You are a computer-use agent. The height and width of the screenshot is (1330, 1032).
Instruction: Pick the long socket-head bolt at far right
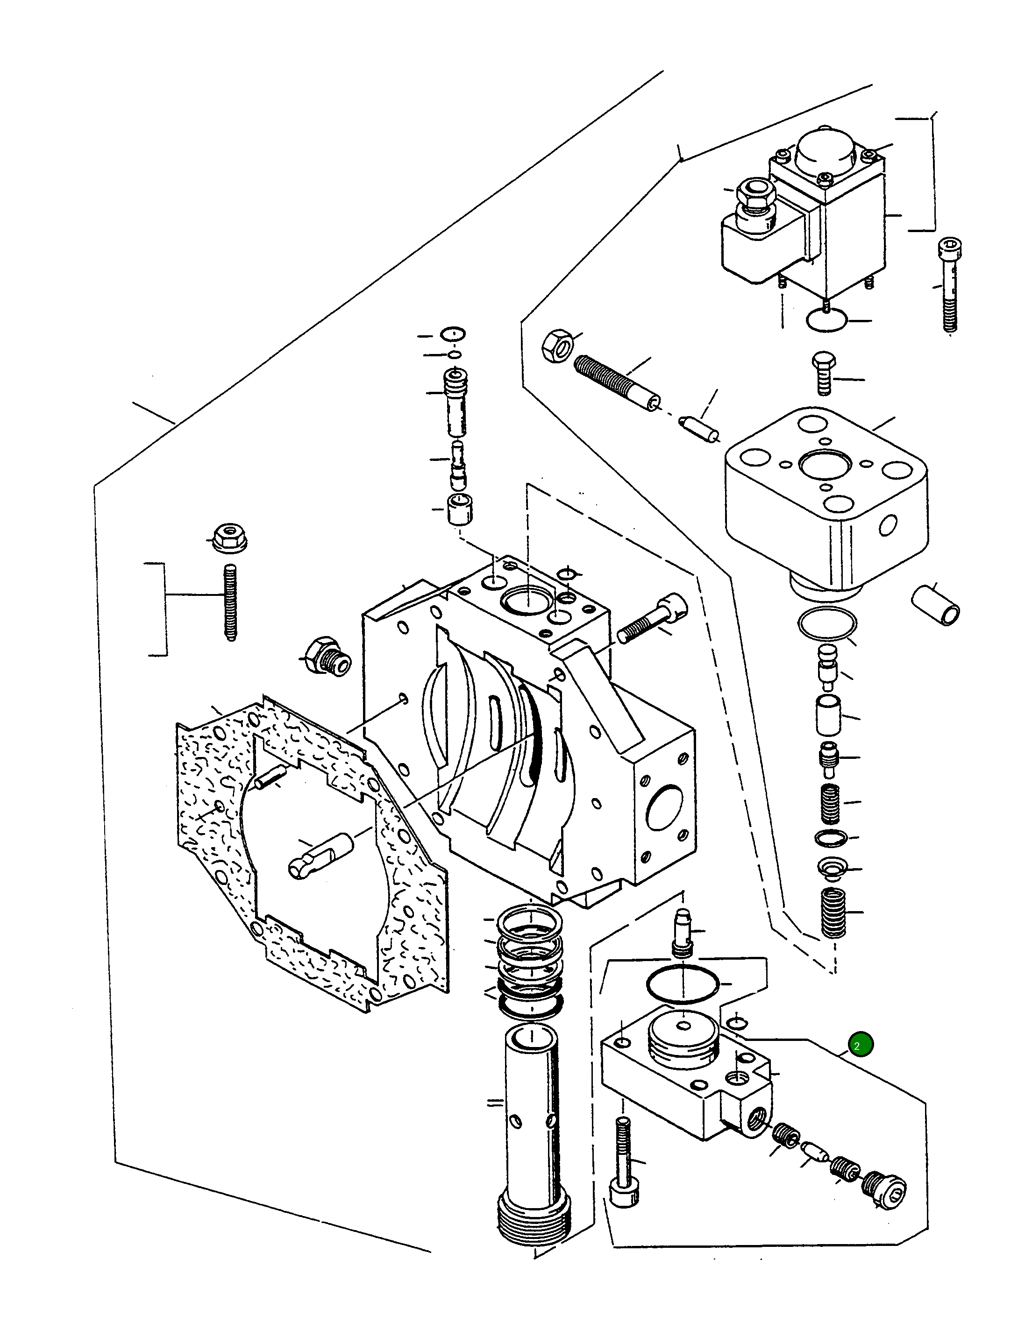click(x=948, y=285)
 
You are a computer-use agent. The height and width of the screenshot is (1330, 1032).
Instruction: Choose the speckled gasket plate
click(x=311, y=853)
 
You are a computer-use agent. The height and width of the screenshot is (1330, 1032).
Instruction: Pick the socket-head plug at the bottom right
click(x=884, y=1188)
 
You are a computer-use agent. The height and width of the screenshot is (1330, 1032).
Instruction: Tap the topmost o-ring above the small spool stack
click(x=453, y=334)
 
